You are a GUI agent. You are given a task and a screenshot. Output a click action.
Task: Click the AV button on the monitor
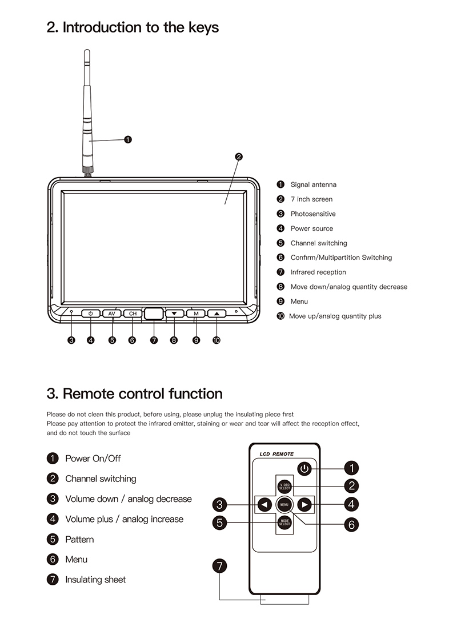point(111,313)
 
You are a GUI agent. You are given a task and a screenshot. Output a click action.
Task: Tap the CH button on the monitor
point(133,313)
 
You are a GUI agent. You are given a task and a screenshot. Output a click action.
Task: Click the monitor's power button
point(90,313)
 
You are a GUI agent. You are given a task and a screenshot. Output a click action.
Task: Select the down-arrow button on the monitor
point(174,313)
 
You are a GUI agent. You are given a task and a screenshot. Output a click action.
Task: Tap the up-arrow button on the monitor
point(217,313)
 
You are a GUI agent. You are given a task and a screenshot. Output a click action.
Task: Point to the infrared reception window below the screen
point(153,313)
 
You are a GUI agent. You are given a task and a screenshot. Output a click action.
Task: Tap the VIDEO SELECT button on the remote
point(284,487)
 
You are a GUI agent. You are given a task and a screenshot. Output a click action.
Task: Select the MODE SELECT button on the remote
point(284,522)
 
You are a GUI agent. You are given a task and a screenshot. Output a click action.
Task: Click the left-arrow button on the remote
point(264,504)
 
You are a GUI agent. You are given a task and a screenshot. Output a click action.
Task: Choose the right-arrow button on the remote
point(305,504)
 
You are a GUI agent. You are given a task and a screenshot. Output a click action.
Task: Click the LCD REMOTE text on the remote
point(276,454)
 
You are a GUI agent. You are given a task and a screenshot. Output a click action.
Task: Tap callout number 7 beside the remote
point(219,566)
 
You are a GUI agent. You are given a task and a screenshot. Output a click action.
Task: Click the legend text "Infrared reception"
point(318,272)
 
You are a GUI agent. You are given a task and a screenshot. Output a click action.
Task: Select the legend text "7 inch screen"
point(311,199)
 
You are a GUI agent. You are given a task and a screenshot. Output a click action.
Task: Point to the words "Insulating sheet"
point(95,580)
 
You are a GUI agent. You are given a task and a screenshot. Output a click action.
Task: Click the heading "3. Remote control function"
point(134,393)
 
